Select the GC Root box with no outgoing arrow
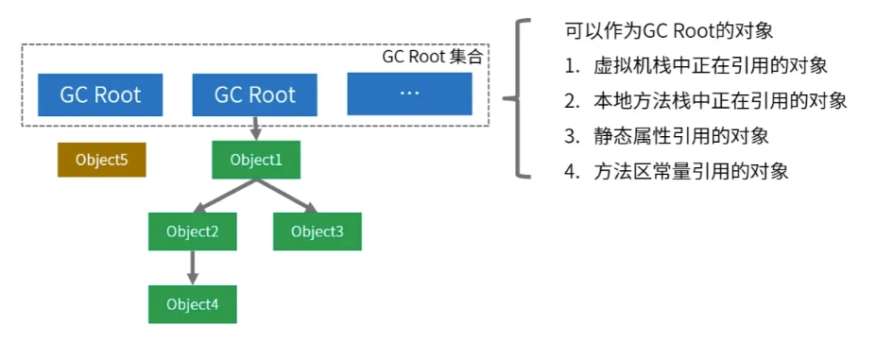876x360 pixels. (x=100, y=94)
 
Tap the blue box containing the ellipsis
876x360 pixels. (x=409, y=94)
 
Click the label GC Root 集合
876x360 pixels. (x=433, y=57)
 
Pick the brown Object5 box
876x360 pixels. (x=101, y=160)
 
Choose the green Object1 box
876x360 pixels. (x=255, y=160)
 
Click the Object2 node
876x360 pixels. (x=192, y=231)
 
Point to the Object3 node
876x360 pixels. (x=317, y=231)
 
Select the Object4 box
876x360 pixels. (x=192, y=304)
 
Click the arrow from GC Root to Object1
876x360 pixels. (x=255, y=129)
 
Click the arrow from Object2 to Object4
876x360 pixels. (x=192, y=267)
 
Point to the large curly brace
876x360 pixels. (x=516, y=97)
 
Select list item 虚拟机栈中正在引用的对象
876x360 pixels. (x=710, y=66)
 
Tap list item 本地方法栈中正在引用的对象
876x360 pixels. (x=719, y=101)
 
